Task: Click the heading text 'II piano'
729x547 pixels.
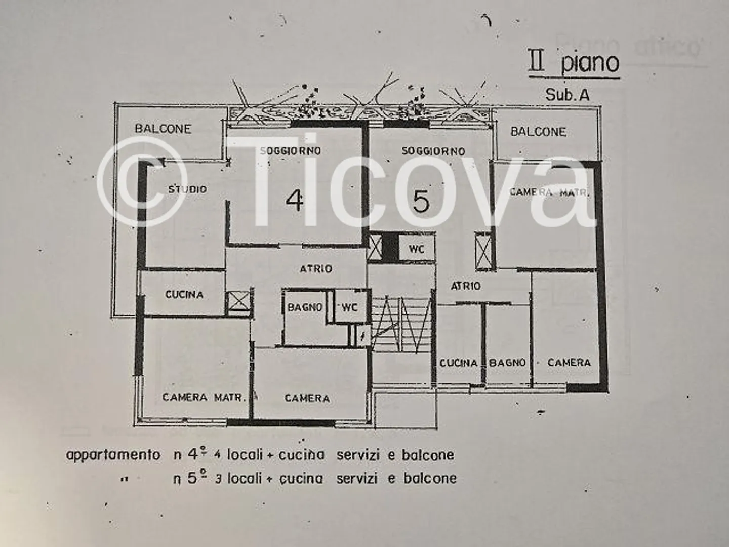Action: point(574,63)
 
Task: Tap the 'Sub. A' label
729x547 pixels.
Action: point(567,95)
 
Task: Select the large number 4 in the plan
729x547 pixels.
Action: point(295,201)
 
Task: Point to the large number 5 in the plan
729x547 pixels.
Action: point(421,201)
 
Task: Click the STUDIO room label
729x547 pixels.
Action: point(187,189)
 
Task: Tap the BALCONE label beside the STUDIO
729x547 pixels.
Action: point(163,129)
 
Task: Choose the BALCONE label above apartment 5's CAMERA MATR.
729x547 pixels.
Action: point(538,132)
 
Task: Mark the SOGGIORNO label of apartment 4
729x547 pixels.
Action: point(290,150)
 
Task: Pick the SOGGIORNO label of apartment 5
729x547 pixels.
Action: point(433,151)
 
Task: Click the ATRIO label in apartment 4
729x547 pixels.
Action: point(316,269)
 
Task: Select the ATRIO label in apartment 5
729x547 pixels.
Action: point(466,286)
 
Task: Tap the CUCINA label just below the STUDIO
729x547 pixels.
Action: point(184,295)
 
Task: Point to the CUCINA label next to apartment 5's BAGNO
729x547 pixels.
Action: point(458,363)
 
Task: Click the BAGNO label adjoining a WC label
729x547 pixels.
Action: point(305,307)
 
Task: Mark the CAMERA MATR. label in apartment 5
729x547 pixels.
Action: point(549,192)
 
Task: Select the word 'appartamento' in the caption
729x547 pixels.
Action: point(113,455)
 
